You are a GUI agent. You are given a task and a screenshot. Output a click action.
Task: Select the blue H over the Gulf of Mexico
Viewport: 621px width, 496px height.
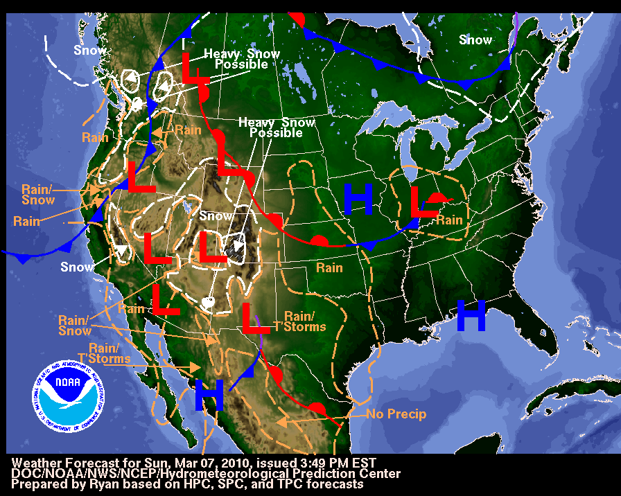point(471,316)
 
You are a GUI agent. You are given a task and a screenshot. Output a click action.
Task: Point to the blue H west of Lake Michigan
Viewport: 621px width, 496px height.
point(358,200)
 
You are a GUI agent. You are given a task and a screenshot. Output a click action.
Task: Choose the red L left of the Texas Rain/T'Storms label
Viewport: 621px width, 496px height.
point(254,318)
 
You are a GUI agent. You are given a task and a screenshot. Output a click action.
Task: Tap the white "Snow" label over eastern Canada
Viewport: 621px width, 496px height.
point(475,39)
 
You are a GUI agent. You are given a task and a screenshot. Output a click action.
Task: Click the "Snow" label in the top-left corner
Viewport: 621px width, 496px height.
point(91,49)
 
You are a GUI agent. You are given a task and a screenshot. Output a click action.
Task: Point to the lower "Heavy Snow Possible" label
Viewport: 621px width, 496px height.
point(277,127)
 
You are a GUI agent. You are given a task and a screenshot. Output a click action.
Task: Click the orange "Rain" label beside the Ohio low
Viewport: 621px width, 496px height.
point(448,220)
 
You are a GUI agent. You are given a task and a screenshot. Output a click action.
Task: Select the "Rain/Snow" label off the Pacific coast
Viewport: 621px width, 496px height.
point(38,195)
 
